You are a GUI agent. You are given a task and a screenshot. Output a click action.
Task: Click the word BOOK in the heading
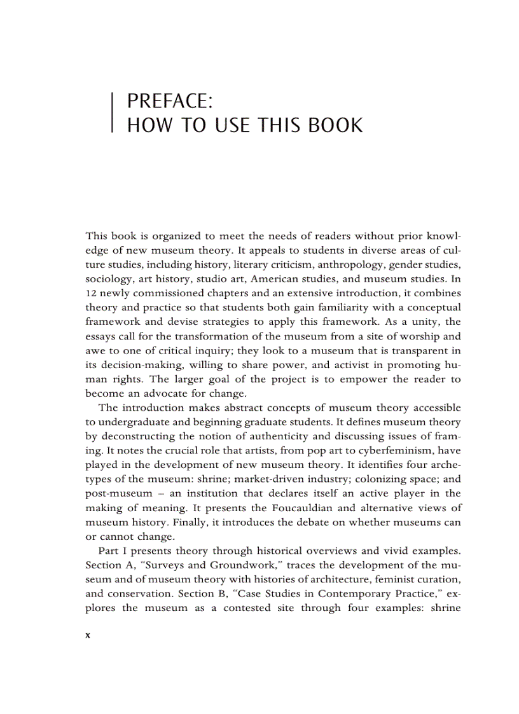[x=335, y=125]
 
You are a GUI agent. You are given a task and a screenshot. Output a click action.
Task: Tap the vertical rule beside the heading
[x=113, y=113]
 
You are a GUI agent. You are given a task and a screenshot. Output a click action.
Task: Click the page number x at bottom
[x=88, y=635]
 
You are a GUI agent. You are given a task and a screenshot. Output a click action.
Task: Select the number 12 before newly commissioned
[x=91, y=293]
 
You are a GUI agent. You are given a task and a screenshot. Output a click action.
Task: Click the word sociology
[x=109, y=278]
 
